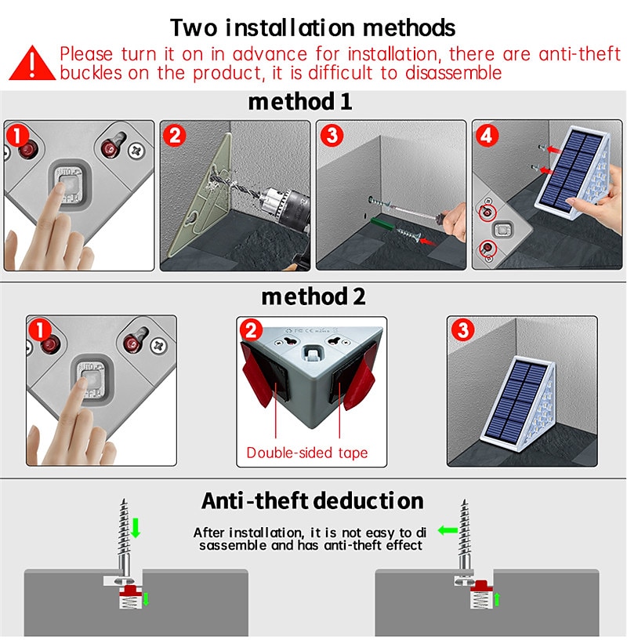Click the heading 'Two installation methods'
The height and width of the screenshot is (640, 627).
pyautogui.click(x=313, y=27)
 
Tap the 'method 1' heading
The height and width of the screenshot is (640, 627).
pyautogui.click(x=299, y=102)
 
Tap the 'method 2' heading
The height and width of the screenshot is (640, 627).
pyautogui.click(x=313, y=296)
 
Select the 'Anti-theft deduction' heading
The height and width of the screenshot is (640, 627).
pyautogui.click(x=312, y=500)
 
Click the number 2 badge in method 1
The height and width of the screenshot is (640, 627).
pyautogui.click(x=175, y=135)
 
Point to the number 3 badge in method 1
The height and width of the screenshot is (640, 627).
pyautogui.click(x=332, y=135)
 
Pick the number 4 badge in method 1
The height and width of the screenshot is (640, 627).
pyautogui.click(x=487, y=135)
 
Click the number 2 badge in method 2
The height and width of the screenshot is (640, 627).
pyautogui.click(x=251, y=330)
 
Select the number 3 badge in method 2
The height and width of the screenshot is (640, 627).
pyautogui.click(x=462, y=330)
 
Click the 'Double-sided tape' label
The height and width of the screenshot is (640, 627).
pyautogui.click(x=306, y=453)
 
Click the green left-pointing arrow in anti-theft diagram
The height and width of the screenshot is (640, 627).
pyautogui.click(x=448, y=530)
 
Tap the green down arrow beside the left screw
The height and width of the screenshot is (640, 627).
pyautogui.click(x=135, y=528)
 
